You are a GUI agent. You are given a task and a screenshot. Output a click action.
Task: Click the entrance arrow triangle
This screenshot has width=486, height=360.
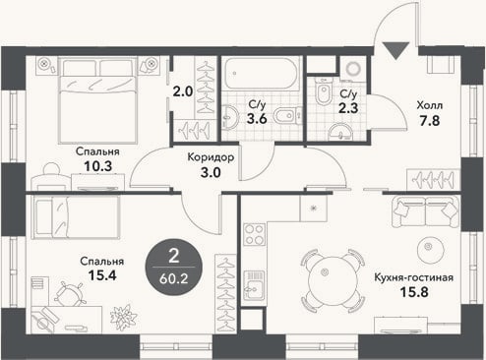pos(396,49)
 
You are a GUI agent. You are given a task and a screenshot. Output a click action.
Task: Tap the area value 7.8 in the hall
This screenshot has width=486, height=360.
pos(430,121)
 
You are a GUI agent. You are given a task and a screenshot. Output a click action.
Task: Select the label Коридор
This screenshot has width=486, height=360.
pos(211,157)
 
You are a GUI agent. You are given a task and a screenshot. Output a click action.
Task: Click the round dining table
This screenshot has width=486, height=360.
pos(333,280)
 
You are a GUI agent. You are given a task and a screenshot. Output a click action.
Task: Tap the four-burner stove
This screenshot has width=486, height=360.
pos(255,234)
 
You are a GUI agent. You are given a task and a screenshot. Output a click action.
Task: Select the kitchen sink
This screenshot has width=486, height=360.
pos(254,284)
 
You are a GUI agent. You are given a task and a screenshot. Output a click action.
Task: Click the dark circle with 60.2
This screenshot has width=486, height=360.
pos(173,267)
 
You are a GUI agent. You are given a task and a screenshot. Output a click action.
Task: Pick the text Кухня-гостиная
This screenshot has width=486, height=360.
pos(414,277)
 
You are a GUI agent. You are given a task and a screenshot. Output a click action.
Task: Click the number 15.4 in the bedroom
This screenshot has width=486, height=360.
pos(102,275)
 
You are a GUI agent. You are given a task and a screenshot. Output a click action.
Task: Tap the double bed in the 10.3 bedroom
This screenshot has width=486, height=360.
pos(97,100)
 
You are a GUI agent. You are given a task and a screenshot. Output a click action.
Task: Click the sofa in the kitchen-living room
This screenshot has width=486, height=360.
pos(425,211)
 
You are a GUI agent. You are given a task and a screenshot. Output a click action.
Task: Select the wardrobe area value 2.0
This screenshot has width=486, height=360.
pos(183,91)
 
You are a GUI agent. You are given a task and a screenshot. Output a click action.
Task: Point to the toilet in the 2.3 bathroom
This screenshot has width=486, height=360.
pos(323,91)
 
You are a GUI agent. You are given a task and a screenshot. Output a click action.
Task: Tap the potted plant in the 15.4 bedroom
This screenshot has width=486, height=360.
pos(124,318)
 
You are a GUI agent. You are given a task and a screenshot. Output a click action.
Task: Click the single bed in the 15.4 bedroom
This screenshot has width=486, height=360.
pos(76,217)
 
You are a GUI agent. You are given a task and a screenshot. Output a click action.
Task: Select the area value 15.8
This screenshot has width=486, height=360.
pos(414,292)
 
